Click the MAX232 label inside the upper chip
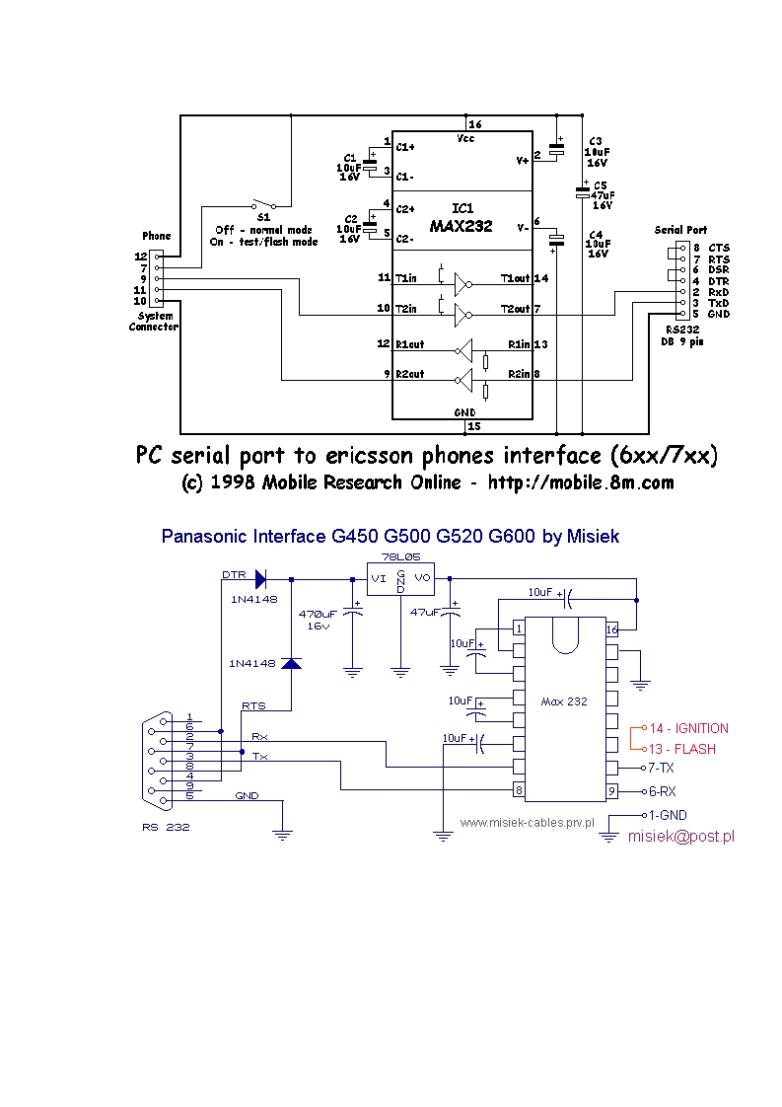click(x=462, y=226)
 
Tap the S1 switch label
click(x=263, y=216)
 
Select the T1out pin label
click(x=515, y=279)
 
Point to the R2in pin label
click(x=518, y=375)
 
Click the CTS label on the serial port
click(x=719, y=248)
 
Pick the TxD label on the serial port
click(x=719, y=303)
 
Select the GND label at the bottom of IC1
click(x=464, y=410)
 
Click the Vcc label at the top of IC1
click(x=465, y=139)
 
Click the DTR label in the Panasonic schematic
click(x=234, y=574)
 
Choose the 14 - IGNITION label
click(x=688, y=728)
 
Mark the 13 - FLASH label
click(x=681, y=749)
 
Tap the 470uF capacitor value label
click(x=318, y=613)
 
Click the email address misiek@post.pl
click(x=680, y=837)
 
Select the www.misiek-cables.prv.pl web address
click(x=527, y=821)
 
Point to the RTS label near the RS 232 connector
click(x=253, y=706)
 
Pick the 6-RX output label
click(x=662, y=791)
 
